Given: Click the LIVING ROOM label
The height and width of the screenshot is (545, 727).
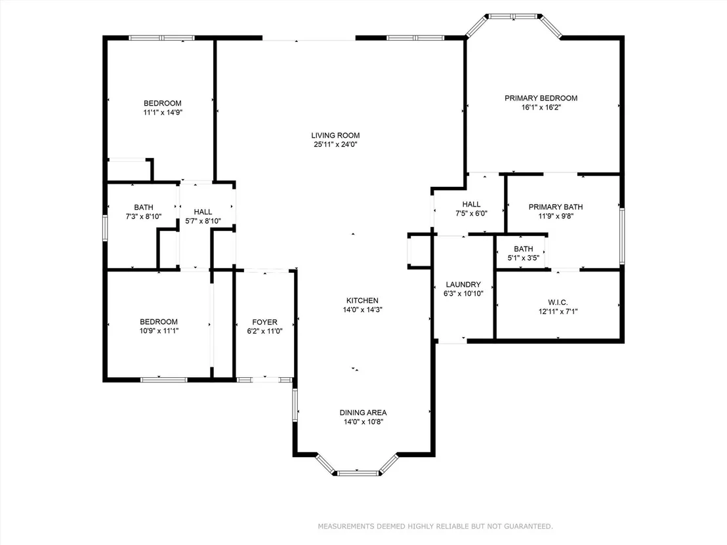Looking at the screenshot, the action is pos(335,135).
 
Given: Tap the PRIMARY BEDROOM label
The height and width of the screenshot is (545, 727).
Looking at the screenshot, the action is pos(541,98).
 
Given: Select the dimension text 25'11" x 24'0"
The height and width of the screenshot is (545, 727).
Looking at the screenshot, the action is pos(335,144).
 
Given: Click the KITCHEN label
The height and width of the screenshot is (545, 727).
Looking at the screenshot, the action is pos(363,301).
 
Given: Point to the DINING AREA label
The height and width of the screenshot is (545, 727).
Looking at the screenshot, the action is pos(363,413).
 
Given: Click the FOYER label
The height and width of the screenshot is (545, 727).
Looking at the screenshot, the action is pos(264,322).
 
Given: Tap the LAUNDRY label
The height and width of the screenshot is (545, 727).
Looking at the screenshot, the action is pos(463,285).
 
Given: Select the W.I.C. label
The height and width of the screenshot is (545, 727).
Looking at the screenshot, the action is pos(558,302).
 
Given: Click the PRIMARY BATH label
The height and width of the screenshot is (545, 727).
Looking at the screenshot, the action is pos(556,207).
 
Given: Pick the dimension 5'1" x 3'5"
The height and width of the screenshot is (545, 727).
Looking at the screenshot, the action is pos(524,258).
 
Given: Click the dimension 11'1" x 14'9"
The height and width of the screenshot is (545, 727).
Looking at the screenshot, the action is pos(163,113).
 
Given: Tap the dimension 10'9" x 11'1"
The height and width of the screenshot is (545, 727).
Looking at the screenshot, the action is pos(159,331).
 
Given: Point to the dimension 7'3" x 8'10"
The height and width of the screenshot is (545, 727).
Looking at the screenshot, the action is pos(144,216).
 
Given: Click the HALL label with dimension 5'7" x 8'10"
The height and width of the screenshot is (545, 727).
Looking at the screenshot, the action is pos(203,212).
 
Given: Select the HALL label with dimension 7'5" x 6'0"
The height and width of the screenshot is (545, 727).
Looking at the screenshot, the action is pos(472,205).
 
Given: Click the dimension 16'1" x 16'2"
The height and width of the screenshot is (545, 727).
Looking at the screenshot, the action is pos(541,108).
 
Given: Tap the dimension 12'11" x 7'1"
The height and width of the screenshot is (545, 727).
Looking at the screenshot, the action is pos(558,312).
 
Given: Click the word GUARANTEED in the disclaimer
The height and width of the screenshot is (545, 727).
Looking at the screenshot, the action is pos(528,527).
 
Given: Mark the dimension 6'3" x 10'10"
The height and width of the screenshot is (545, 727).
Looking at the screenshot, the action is pos(463,294).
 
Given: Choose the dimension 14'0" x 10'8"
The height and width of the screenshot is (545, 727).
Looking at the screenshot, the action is pos(363,422).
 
